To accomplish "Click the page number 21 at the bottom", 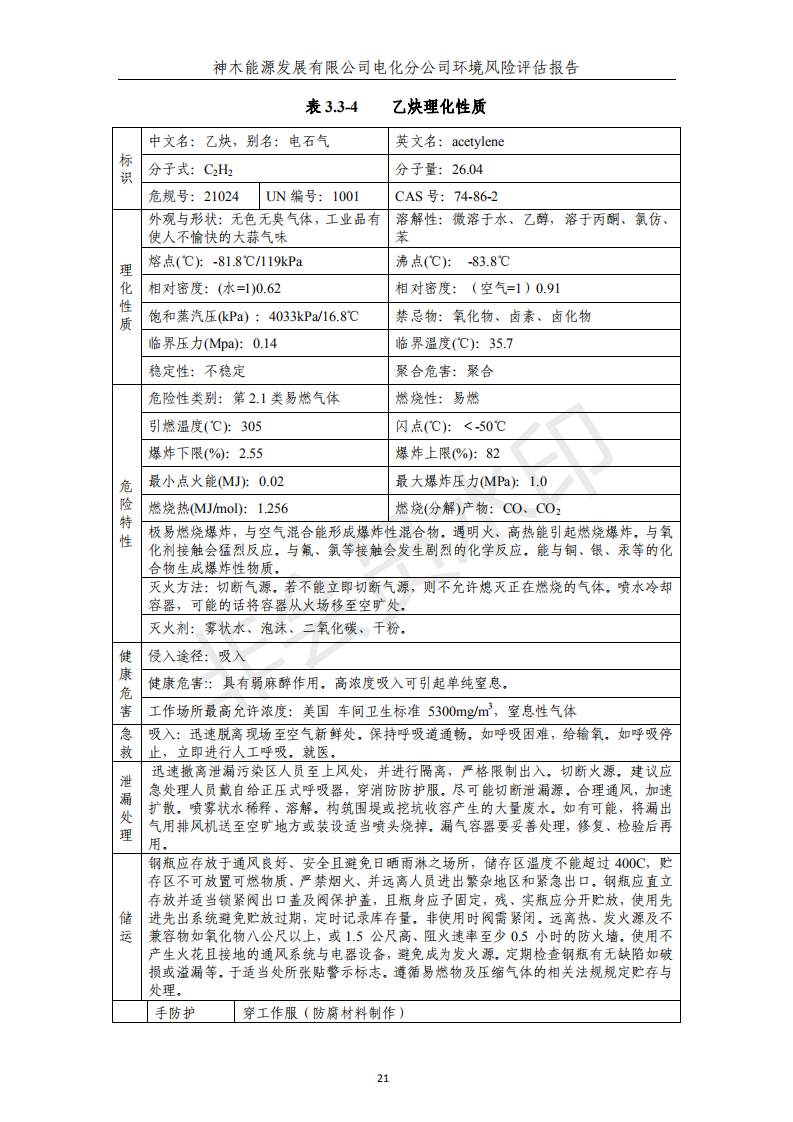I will (396, 1077).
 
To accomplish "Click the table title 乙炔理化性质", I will (439, 106).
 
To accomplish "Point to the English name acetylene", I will (478, 142).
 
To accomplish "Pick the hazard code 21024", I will (221, 197).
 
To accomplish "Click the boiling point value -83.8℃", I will (489, 262).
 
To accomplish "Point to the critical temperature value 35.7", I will (497, 344).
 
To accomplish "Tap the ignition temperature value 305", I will (251, 426).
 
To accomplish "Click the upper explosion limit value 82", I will (493, 454).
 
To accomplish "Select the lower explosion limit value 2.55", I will (251, 454).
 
